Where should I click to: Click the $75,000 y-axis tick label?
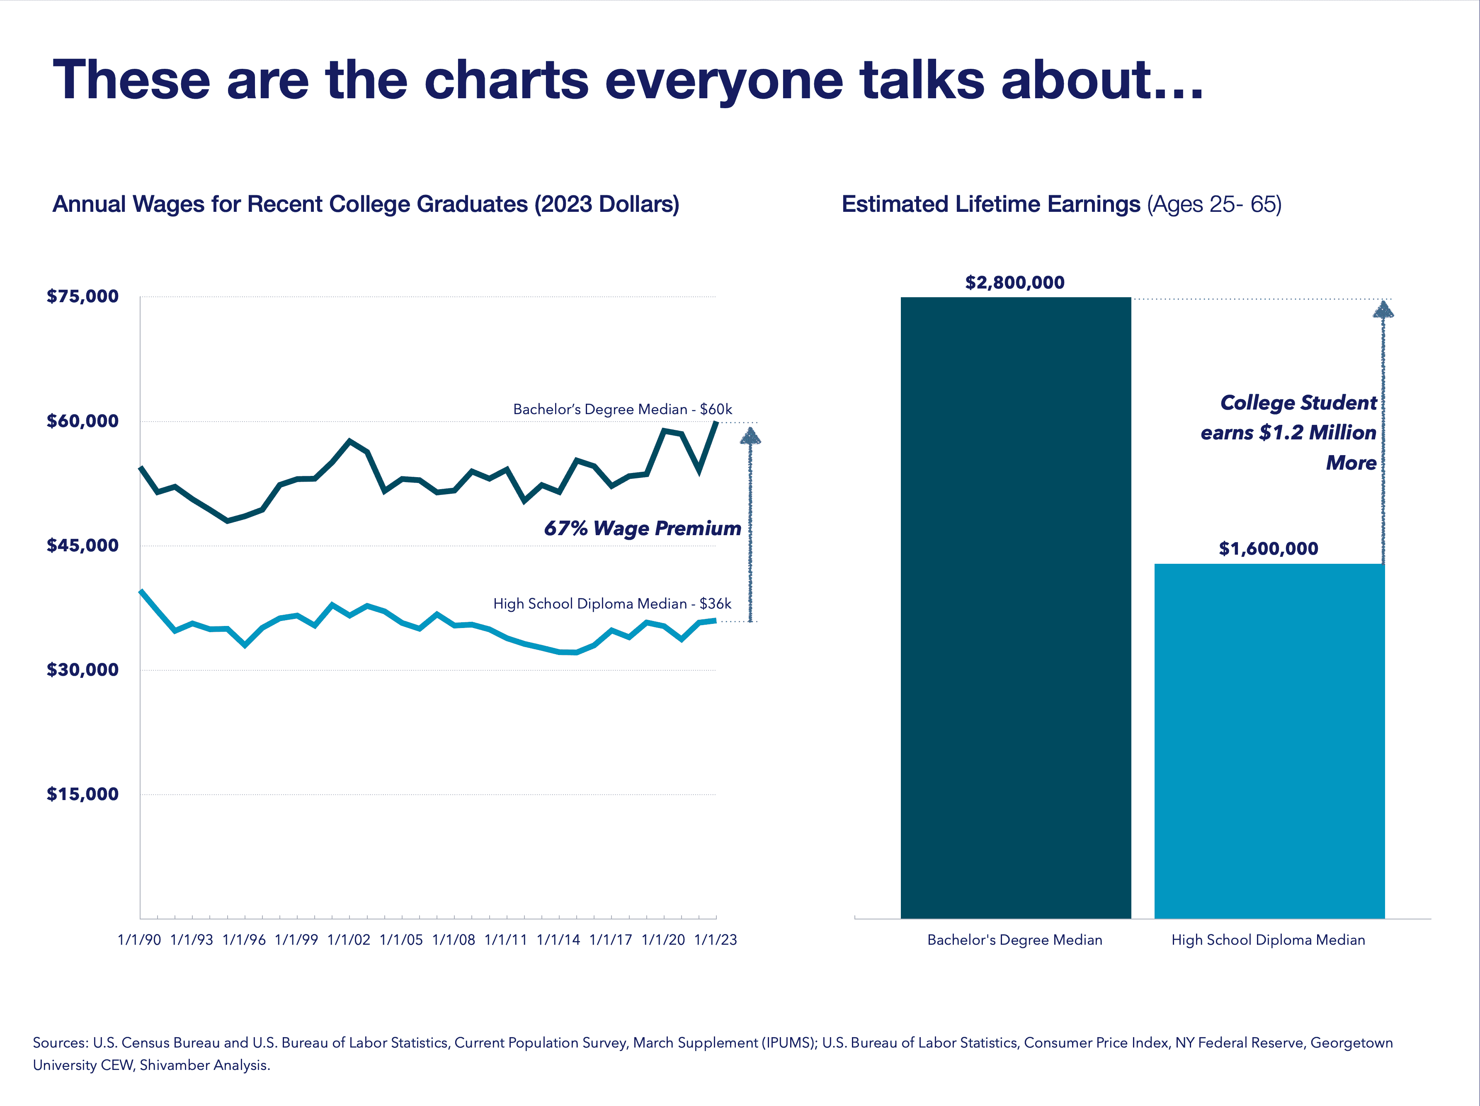pos(82,296)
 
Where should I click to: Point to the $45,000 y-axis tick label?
pos(82,545)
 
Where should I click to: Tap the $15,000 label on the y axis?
pos(82,794)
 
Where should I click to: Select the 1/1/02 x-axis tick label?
pos(349,939)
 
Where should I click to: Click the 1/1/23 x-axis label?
pos(715,939)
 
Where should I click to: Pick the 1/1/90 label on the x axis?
pos(139,939)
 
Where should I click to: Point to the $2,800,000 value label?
pos(1014,282)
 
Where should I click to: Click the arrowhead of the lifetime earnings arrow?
pos(1383,310)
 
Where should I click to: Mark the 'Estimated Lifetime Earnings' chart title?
pos(990,204)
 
